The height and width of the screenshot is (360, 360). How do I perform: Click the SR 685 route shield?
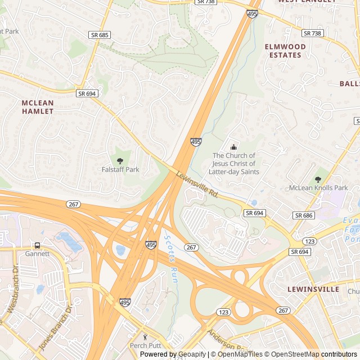(100, 35)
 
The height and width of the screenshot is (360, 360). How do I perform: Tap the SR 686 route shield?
(303, 215)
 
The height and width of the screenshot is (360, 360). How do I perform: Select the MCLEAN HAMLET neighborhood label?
(38, 107)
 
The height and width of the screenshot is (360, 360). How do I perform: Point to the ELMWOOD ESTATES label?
(285, 51)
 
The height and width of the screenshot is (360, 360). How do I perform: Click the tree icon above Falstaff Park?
(120, 161)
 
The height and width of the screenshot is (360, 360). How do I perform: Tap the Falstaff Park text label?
(120, 169)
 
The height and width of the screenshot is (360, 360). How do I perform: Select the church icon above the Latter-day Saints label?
(234, 147)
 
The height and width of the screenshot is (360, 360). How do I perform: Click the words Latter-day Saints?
(234, 172)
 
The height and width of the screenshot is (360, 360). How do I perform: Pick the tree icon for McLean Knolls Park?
(318, 179)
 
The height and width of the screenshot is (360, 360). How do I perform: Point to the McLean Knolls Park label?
(318, 188)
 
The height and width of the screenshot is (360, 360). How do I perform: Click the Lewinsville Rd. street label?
(197, 184)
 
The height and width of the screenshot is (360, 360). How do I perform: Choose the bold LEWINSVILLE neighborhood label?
(313, 289)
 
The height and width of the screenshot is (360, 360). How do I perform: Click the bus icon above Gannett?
(37, 245)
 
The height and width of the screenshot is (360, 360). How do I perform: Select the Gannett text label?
(37, 254)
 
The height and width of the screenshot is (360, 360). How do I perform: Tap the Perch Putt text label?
(145, 345)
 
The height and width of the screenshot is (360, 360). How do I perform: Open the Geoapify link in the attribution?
(192, 354)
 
